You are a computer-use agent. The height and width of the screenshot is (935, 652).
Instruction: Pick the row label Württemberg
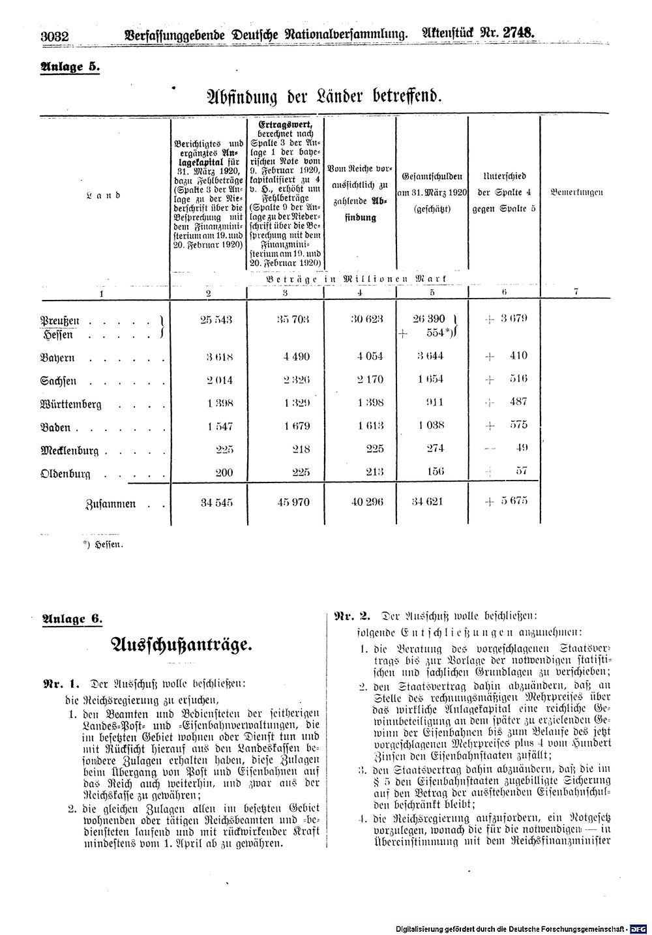[71, 404]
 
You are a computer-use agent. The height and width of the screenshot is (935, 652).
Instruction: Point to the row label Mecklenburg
[69, 450]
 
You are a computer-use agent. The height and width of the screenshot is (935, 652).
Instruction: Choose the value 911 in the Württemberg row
[434, 402]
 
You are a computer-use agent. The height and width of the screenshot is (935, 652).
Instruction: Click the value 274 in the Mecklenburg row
[434, 448]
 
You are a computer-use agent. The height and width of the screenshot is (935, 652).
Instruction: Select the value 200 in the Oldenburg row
[224, 471]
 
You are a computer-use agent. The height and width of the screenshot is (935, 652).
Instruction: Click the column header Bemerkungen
[576, 192]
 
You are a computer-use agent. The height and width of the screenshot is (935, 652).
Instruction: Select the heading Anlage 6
[72, 619]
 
